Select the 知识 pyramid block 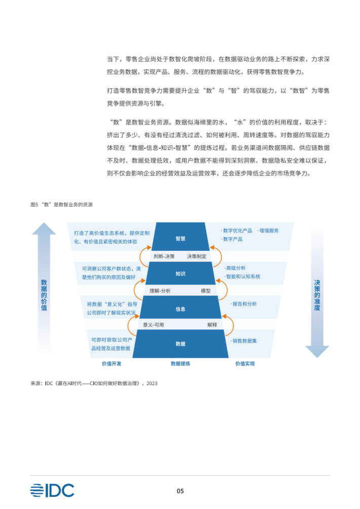coord(181,274)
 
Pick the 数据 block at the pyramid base coord(181,344)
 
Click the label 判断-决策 coord(164,256)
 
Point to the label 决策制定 coord(197,256)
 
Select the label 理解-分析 coord(160,291)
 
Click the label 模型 coord(206,291)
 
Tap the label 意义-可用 coord(154,325)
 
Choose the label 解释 coord(212,325)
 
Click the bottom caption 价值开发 coord(112,363)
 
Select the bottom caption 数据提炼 coord(181,363)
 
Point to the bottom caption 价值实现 coord(245,363)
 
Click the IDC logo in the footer coord(52,490)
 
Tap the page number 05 coord(180,491)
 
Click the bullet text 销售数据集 coord(244,341)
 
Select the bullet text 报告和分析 coord(244,304)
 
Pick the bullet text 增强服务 coord(268,230)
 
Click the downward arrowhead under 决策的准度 coord(317,352)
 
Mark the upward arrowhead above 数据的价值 coord(44,228)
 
